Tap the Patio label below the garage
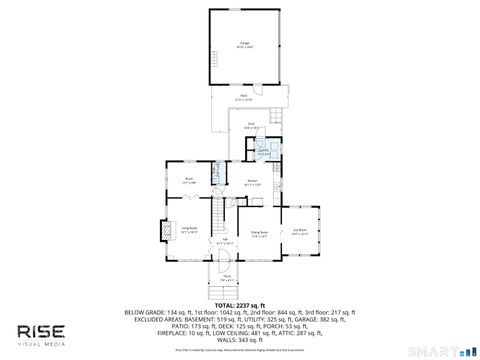click(x=243, y=97)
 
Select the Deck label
click(x=250, y=125)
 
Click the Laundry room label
click(x=262, y=150)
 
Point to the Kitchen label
click(x=253, y=182)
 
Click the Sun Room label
click(x=299, y=233)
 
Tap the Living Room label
click(x=188, y=229)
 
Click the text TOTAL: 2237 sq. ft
click(x=239, y=305)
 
